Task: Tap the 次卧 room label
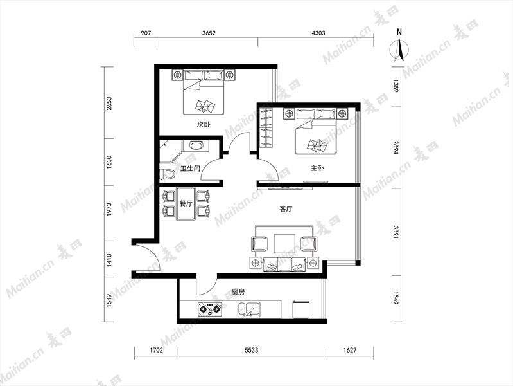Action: [x=204, y=124]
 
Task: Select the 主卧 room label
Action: [x=317, y=169]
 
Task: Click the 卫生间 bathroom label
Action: [x=190, y=169]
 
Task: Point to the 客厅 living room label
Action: [x=286, y=208]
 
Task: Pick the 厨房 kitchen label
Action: [x=238, y=291]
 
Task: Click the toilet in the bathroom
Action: [x=167, y=174]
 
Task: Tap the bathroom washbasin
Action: [x=195, y=145]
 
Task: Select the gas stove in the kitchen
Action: [x=209, y=309]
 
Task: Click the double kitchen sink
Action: [x=249, y=309]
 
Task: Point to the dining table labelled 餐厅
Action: [x=186, y=203]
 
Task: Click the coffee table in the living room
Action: [x=284, y=243]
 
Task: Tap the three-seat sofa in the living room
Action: [x=284, y=264]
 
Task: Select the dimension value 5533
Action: [x=251, y=350]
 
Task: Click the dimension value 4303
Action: [x=318, y=33]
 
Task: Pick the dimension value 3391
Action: [x=396, y=232]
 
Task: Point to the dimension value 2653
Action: [x=109, y=103]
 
